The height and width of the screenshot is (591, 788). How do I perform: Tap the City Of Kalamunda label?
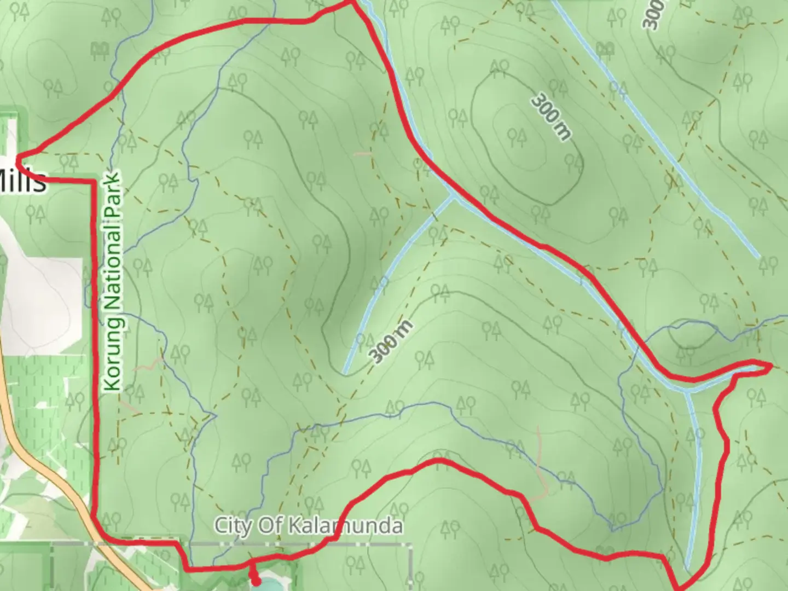tap(308, 526)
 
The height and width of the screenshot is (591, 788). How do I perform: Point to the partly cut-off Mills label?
tap(22, 181)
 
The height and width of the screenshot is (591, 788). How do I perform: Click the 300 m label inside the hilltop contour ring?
tap(551, 117)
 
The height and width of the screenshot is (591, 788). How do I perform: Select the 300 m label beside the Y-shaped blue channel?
tap(391, 343)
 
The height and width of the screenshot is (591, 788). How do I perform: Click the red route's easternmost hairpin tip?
tap(770, 365)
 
